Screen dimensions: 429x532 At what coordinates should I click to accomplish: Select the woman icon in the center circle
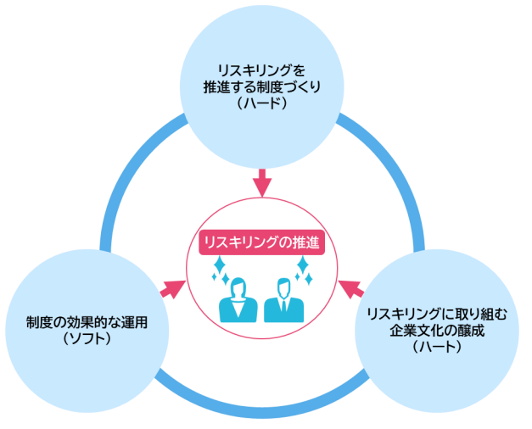click(x=238, y=301)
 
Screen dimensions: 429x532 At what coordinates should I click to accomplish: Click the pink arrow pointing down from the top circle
click(x=262, y=181)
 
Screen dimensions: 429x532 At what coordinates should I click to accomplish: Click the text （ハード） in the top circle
click(x=261, y=103)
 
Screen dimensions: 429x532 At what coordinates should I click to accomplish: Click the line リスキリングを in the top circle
click(x=261, y=69)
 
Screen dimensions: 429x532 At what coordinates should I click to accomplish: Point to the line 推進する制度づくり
click(x=261, y=86)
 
